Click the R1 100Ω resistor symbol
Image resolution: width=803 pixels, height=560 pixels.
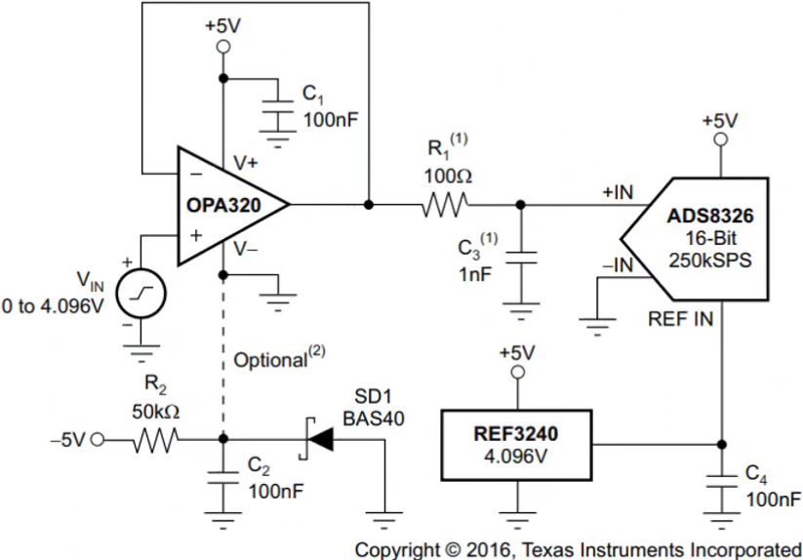click(445, 205)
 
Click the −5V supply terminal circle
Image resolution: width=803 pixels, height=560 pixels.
click(96, 440)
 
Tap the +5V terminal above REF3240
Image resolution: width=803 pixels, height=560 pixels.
click(517, 373)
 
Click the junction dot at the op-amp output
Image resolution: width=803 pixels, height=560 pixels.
click(369, 205)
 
